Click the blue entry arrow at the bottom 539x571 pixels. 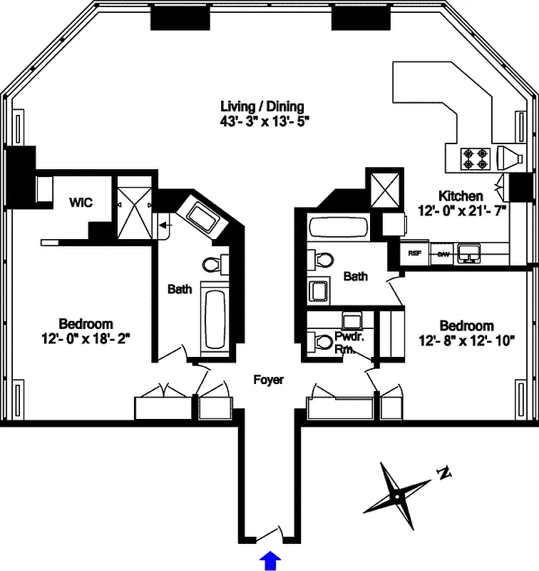(270, 560)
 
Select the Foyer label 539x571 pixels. (268, 380)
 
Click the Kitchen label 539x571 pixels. (461, 196)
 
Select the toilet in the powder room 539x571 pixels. (324, 342)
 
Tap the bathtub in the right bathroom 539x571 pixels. (339, 230)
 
